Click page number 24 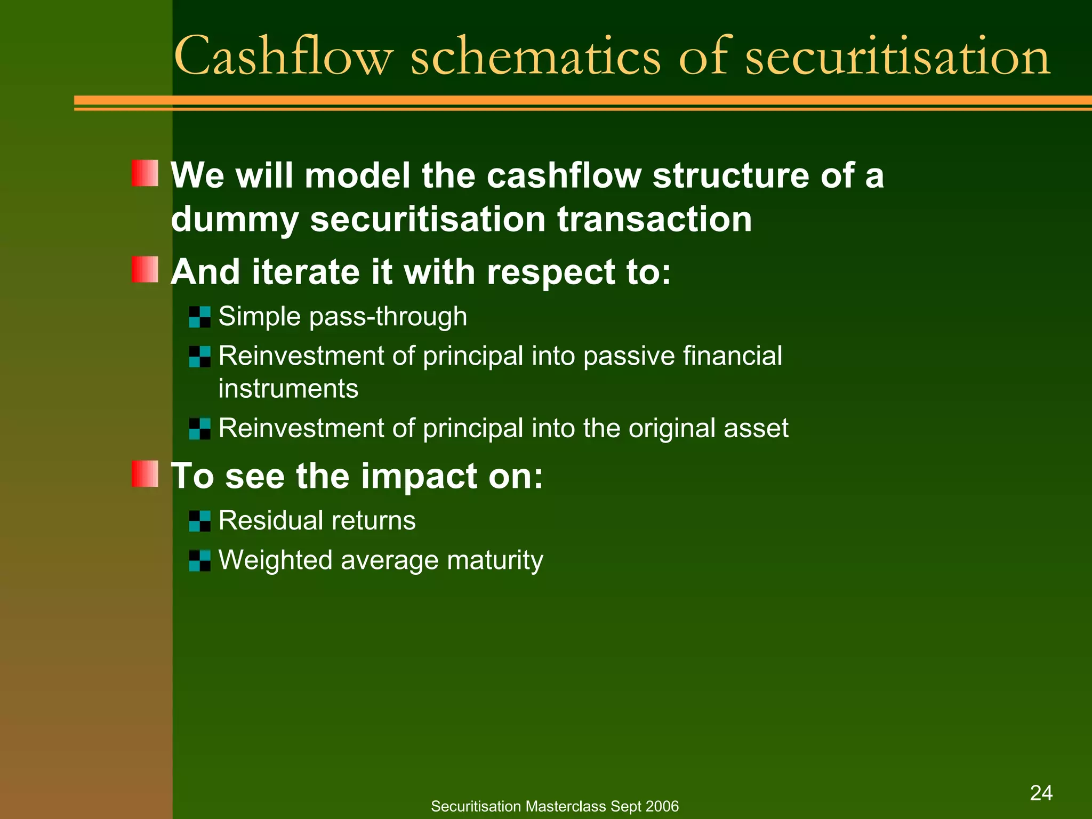click(x=1041, y=793)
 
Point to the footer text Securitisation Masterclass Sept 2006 click(x=555, y=806)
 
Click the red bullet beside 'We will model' click(x=145, y=173)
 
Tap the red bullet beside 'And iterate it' click(x=145, y=269)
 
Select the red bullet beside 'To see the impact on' click(x=145, y=473)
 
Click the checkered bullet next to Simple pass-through click(x=200, y=317)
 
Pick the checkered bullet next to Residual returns click(x=200, y=521)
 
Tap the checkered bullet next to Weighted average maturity click(x=200, y=560)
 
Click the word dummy click(x=234, y=220)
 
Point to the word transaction click(x=654, y=219)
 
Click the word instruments click(x=288, y=389)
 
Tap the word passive click(x=629, y=356)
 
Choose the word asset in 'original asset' click(x=756, y=429)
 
